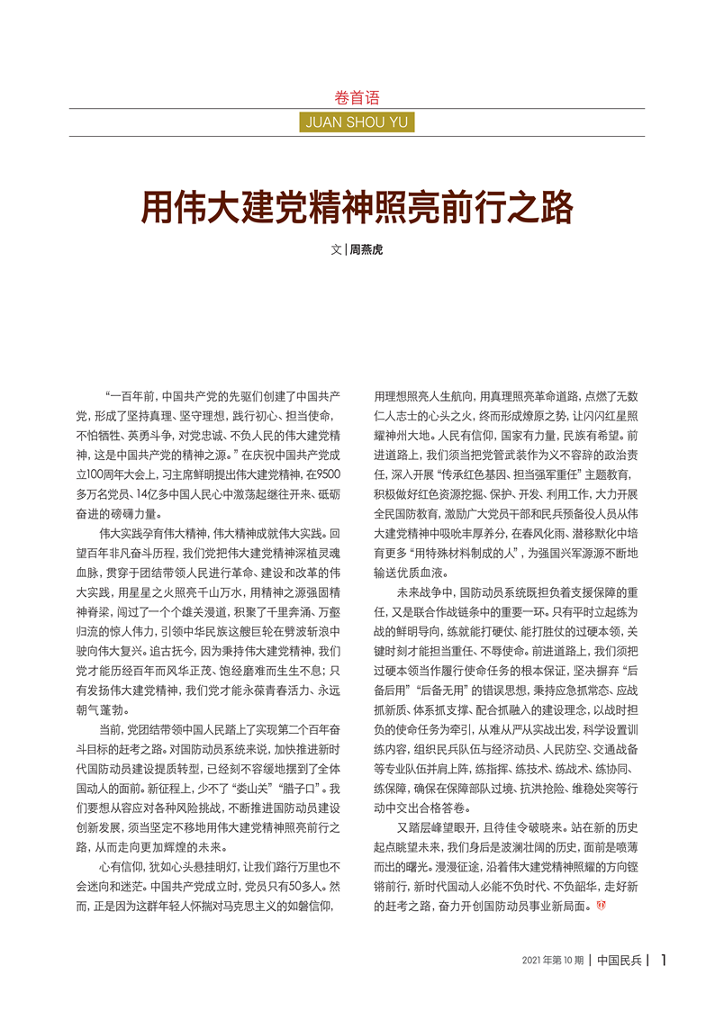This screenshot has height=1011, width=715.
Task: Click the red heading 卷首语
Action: [x=357, y=97]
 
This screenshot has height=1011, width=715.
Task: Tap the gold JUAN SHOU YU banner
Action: [x=357, y=122]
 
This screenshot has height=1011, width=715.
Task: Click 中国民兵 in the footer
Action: [x=620, y=961]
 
